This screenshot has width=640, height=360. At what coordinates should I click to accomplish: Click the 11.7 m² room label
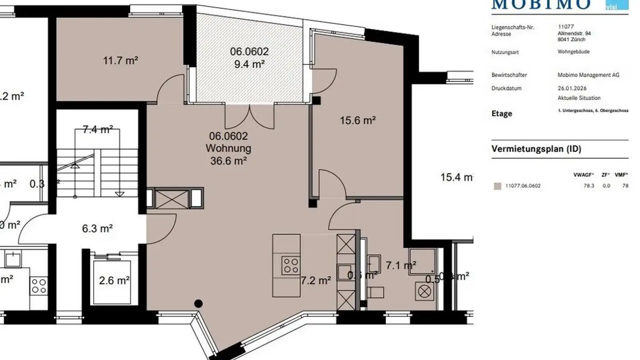120,60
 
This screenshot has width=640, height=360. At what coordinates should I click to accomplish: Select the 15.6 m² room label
358,120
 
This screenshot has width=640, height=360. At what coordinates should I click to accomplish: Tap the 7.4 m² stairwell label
98,130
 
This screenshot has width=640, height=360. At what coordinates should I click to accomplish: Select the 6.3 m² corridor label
97,229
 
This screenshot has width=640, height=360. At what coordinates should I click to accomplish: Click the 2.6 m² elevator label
114,280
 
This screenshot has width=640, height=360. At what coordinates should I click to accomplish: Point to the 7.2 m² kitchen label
316,280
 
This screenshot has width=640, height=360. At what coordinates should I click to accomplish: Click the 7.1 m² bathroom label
401,266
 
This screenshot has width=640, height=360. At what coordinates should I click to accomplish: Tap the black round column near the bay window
199,304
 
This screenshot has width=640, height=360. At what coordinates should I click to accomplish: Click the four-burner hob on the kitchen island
291,266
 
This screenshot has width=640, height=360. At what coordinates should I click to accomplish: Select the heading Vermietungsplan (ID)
536,149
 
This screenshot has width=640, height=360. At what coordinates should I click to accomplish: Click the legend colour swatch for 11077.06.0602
497,186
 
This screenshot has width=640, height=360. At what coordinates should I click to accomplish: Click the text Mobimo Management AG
588,75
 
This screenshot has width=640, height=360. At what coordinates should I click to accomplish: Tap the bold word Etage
502,114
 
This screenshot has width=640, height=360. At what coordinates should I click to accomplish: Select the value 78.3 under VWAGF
589,186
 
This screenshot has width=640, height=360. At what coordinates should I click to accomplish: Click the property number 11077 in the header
564,27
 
